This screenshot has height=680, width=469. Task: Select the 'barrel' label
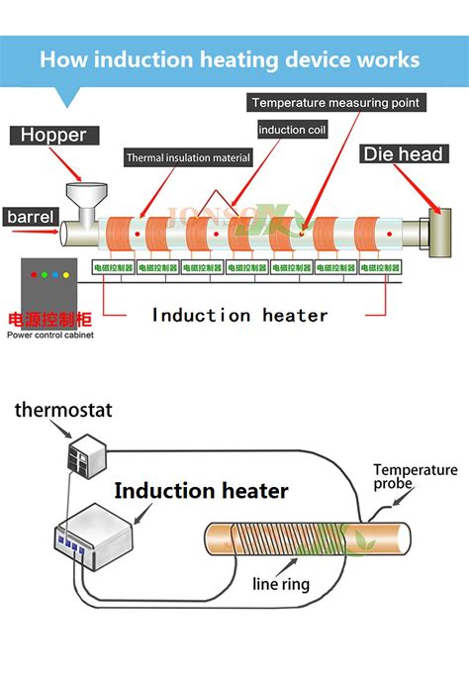30,216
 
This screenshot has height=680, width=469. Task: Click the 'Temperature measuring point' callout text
335,103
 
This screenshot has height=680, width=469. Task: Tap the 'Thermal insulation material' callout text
189,157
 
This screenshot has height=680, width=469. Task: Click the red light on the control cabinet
36,274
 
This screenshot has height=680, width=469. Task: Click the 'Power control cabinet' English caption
50,335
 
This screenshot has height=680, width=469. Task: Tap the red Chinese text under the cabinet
49,320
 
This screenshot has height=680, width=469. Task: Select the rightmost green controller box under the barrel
380,267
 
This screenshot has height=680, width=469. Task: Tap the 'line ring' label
282,583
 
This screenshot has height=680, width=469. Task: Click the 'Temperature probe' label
415,477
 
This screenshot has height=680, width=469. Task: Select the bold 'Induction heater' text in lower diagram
201,491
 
